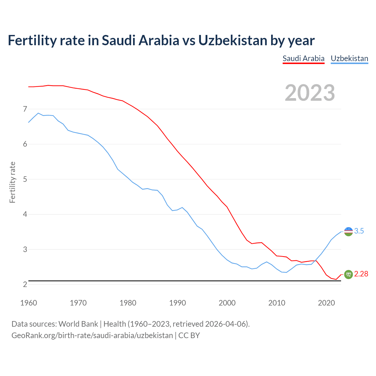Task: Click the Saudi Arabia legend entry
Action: (303, 58)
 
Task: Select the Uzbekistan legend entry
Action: (349, 58)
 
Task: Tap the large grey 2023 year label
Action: (310, 93)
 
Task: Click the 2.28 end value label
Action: (361, 274)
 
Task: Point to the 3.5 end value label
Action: (359, 231)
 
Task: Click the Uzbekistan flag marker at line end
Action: (348, 231)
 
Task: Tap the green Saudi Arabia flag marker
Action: (348, 274)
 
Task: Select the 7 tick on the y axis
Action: (25, 109)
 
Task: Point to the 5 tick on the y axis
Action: (25, 179)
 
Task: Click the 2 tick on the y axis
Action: (25, 284)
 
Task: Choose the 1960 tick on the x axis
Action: (28, 303)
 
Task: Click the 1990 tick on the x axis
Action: (177, 303)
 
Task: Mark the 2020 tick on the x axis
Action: (326, 303)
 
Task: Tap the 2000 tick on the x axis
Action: (227, 303)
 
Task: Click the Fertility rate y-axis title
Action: (12, 182)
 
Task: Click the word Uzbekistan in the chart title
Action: (233, 40)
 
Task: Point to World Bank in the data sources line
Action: (78, 324)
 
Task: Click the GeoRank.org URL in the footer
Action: (92, 335)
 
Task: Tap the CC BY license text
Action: (189, 335)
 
